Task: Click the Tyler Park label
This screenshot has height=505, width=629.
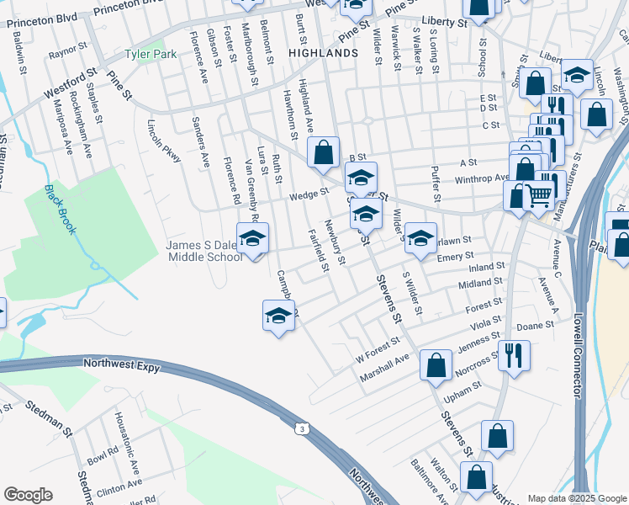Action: coord(151,54)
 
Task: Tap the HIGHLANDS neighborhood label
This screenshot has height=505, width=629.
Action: coord(323,52)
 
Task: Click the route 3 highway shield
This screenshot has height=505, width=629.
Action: coord(300,429)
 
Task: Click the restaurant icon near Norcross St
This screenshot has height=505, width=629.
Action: coord(514,354)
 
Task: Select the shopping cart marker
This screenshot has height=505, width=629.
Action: coord(539,196)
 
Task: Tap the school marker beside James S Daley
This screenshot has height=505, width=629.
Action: coord(252,239)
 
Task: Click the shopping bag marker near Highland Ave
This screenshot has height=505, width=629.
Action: coord(324,153)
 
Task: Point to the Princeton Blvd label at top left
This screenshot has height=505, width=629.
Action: coord(41,18)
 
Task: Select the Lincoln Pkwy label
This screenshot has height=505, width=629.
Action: coord(164,144)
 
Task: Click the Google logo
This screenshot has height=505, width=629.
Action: coord(28,495)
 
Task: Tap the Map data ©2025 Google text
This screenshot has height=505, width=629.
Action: coord(576,498)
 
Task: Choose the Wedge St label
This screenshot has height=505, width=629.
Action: coord(309,194)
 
